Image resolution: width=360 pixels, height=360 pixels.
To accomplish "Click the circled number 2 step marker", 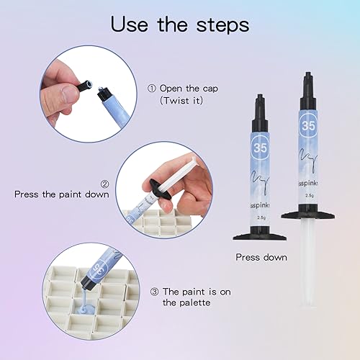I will pos(105,184).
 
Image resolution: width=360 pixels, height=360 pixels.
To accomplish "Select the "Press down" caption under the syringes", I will pos(261,257).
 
